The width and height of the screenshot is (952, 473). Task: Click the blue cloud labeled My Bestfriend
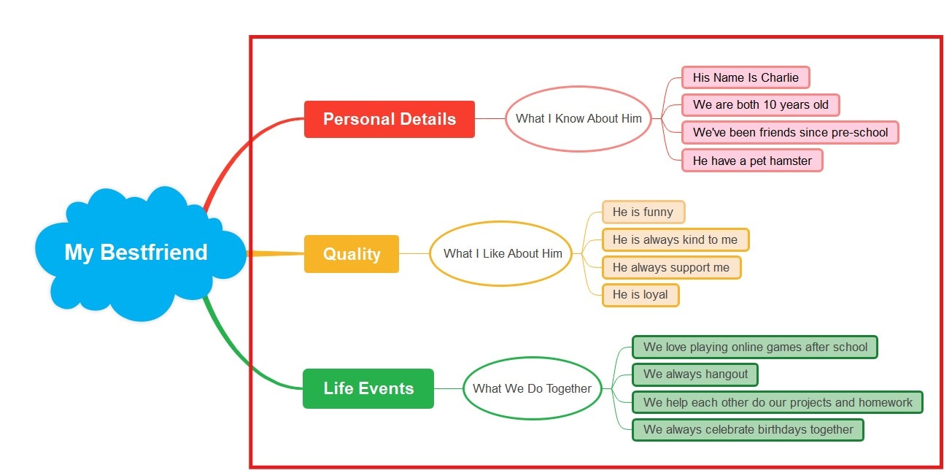pyautogui.click(x=136, y=253)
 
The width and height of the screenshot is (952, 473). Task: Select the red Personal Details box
pyautogui.click(x=390, y=119)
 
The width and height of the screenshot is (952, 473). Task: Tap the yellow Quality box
pyautogui.click(x=352, y=254)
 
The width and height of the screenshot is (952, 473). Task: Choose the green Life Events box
pyautogui.click(x=368, y=388)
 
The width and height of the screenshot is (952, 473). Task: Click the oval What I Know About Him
pyautogui.click(x=578, y=118)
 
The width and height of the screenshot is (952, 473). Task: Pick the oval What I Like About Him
pyautogui.click(x=503, y=253)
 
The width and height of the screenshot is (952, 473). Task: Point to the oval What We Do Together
pyautogui.click(x=532, y=388)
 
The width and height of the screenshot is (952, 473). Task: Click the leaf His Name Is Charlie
pyautogui.click(x=746, y=77)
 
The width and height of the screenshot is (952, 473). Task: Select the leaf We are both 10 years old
pyautogui.click(x=760, y=104)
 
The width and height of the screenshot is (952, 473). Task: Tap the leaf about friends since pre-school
pyautogui.click(x=790, y=132)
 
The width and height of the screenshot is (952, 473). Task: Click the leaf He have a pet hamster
pyautogui.click(x=752, y=161)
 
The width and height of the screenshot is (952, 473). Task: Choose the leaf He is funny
pyautogui.click(x=643, y=212)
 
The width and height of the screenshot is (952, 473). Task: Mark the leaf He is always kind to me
pyautogui.click(x=675, y=239)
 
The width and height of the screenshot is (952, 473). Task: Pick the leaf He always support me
pyautogui.click(x=670, y=267)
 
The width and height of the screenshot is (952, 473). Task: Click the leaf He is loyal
pyautogui.click(x=640, y=295)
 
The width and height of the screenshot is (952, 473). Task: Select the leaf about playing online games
pyautogui.click(x=755, y=347)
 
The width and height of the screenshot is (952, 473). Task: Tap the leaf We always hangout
pyautogui.click(x=695, y=374)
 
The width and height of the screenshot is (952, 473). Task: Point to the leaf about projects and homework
pyautogui.click(x=778, y=402)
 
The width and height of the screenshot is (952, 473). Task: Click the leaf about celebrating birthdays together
pyautogui.click(x=748, y=429)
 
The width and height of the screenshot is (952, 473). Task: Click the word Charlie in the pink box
pyautogui.click(x=780, y=77)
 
